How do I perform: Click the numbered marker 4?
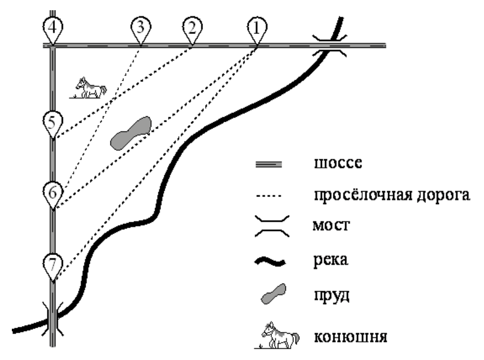coord(53,29)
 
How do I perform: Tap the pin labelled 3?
coord(141,29)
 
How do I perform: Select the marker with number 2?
coord(192,29)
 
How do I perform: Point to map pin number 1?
coord(257,29)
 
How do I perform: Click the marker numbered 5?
coord(53,123)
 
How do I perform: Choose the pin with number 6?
coord(53,193)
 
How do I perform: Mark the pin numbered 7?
coord(53,265)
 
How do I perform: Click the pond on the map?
coord(131,133)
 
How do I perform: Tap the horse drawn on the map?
coord(89,88)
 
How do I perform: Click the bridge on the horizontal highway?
coord(329,46)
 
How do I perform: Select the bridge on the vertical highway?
coord(53,319)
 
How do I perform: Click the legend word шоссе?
coord(338,164)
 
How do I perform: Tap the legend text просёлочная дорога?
coord(392,195)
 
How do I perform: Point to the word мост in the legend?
coord(331,225)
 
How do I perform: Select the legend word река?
coord(331,260)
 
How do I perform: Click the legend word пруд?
coord(332,296)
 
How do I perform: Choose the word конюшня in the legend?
coord(350,336)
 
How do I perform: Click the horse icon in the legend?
coord(277,336)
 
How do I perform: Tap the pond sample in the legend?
coord(273,294)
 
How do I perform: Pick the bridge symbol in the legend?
coord(272,226)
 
